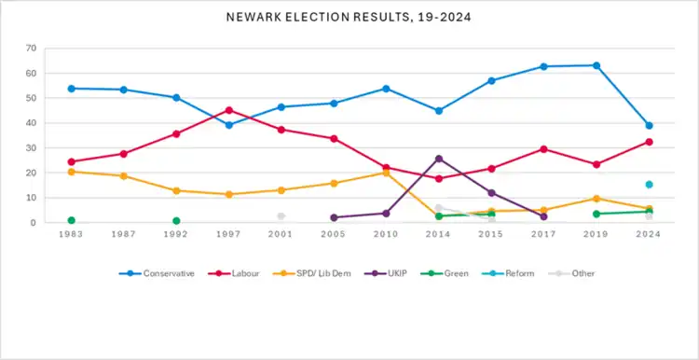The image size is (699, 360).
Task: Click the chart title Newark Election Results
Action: [349, 18]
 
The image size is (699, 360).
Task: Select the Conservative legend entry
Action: [157, 273]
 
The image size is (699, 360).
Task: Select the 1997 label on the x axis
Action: [228, 235]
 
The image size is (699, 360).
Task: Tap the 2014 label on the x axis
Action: [439, 235]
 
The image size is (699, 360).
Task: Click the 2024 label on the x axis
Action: [649, 235]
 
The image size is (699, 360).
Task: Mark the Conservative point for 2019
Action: [596, 65]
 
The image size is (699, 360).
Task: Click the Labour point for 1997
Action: [229, 110]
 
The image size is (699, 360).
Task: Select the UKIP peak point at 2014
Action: [439, 159]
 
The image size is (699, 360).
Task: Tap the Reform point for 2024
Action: [649, 185]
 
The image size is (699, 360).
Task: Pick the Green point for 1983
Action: [72, 220]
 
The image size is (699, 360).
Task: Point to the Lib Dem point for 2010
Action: [386, 173]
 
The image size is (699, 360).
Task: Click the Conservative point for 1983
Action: [72, 89]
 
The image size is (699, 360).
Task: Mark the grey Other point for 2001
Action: [281, 216]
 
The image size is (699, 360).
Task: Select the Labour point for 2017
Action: [544, 149]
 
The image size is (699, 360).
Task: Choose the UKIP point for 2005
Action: [334, 217]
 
